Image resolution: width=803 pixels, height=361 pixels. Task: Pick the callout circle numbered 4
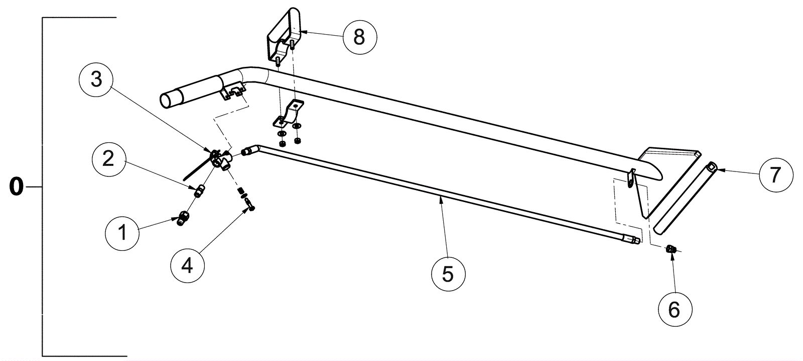click(x=187, y=265)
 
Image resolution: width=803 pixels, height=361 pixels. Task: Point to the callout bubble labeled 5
click(x=448, y=275)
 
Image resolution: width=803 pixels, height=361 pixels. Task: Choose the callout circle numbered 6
click(x=674, y=310)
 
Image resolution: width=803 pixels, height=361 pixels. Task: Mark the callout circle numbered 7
click(x=775, y=175)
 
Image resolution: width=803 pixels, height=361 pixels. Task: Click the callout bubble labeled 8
click(x=359, y=37)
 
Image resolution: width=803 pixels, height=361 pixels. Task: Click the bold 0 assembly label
click(x=16, y=187)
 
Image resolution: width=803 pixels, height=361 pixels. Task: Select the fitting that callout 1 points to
click(x=183, y=219)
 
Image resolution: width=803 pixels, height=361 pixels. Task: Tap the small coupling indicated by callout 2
click(x=200, y=191)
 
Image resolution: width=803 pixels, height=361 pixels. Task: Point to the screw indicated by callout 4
click(x=250, y=204)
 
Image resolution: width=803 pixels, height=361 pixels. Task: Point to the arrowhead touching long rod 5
click(x=441, y=199)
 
